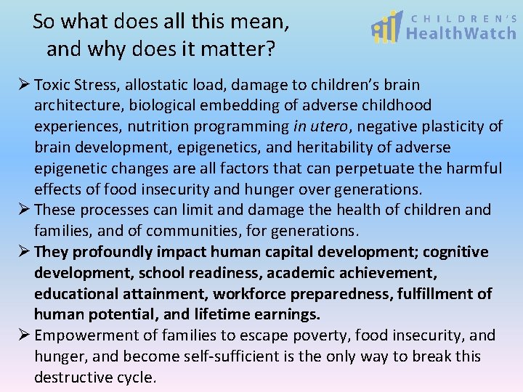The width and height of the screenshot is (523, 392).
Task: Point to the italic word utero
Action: point(333,126)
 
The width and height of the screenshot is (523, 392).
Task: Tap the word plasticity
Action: point(447,126)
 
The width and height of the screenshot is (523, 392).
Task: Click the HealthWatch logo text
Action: point(461,33)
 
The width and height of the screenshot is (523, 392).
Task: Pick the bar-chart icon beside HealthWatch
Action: point(386,28)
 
